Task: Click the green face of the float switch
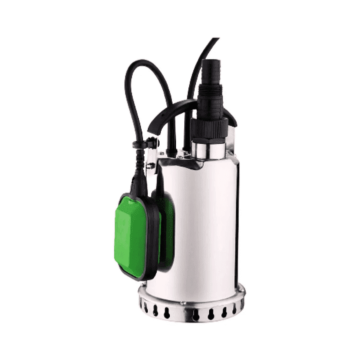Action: pos(132,235)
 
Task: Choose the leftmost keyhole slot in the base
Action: pos(145,306)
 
